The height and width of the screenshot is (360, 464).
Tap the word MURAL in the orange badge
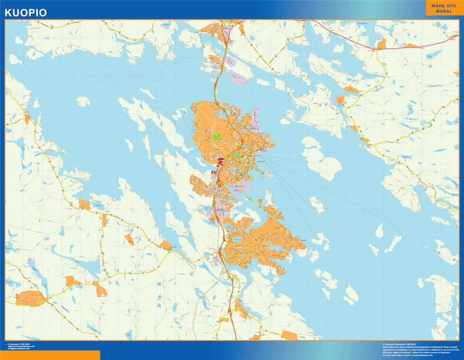tap(444, 11)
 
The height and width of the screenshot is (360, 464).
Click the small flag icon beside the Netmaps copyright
tap(6, 344)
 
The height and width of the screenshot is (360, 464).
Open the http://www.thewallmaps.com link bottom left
tap(21, 346)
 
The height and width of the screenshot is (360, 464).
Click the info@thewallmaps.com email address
tap(19, 349)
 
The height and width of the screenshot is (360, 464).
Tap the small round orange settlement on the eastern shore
tap(341, 100)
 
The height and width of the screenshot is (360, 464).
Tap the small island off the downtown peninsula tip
tap(271, 175)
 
